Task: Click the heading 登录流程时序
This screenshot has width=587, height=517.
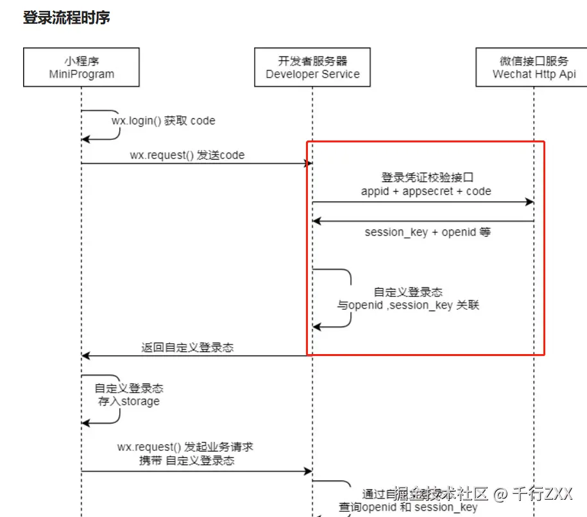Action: point(67,17)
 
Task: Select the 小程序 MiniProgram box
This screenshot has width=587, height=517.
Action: point(81,67)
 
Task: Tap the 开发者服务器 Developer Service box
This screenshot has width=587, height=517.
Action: point(312,67)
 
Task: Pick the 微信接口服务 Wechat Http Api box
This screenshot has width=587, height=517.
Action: point(534,67)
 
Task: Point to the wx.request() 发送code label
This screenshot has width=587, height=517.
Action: point(187,155)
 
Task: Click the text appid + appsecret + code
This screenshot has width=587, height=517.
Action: point(426,191)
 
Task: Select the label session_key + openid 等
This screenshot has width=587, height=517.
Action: point(427,232)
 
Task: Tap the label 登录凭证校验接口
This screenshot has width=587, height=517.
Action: point(427,178)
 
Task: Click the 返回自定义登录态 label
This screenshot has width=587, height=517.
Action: point(187,348)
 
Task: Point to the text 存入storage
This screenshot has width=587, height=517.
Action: point(128,402)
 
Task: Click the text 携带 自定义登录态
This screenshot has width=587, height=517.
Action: point(187,461)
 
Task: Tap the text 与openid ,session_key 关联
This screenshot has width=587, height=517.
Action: point(408,305)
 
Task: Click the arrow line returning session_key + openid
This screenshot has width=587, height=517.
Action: point(423,221)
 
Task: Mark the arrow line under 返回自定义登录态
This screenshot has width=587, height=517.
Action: point(192,355)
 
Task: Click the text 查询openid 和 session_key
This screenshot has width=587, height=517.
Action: point(408,507)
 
